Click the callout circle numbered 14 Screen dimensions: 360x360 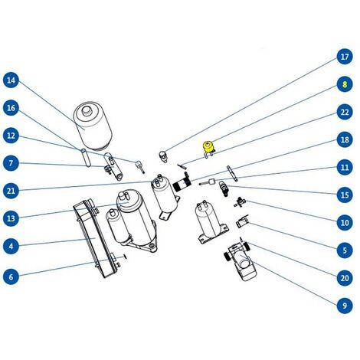pyautogui.click(x=11, y=80)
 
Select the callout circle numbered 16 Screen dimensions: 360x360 pyautogui.click(x=11, y=108)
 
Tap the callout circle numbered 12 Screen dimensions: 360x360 pyautogui.click(x=11, y=136)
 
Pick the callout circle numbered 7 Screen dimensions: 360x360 pyautogui.click(x=11, y=163)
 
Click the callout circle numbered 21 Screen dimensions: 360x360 pyautogui.click(x=11, y=191)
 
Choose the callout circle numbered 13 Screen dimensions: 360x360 pyautogui.click(x=11, y=218)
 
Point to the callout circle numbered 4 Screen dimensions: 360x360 pyautogui.click(x=11, y=246)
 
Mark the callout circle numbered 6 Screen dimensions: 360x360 pyautogui.click(x=11, y=277)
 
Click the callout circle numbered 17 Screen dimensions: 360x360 pyautogui.click(x=345, y=57)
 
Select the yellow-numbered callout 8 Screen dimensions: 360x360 pyautogui.click(x=345, y=84)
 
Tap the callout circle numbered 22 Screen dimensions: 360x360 pyautogui.click(x=345, y=112)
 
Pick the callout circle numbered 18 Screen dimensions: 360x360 pyautogui.click(x=345, y=139)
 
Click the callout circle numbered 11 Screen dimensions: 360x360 pyautogui.click(x=345, y=167)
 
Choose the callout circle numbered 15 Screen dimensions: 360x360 pyautogui.click(x=345, y=195)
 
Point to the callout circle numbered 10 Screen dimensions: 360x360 pyautogui.click(x=345, y=222)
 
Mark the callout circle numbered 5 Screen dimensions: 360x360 pyautogui.click(x=345, y=250)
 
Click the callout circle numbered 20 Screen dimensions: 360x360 pyautogui.click(x=345, y=278)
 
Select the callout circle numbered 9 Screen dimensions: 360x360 pyautogui.click(x=345, y=306)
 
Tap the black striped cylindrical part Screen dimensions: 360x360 pyautogui.click(x=182, y=184)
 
